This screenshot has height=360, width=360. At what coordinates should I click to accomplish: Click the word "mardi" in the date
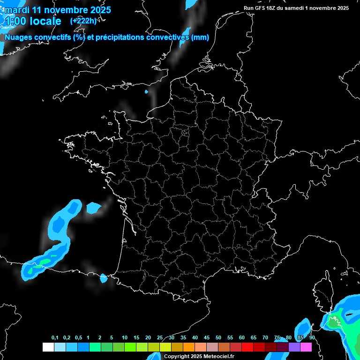pos(16,10)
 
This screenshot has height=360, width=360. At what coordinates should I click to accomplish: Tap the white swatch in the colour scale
pos(48,347)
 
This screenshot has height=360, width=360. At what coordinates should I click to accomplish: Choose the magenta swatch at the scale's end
pos(306,347)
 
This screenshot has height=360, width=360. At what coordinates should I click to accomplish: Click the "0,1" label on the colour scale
pos(54,338)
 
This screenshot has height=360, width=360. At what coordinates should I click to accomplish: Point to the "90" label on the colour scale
pos(312,338)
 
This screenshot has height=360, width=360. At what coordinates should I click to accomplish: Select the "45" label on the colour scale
pos(207,338)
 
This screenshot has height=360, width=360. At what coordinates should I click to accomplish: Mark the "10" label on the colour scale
pos(125,338)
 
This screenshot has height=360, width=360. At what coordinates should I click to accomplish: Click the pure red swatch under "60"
pos(247,347)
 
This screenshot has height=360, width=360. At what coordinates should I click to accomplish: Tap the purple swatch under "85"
pos(294,347)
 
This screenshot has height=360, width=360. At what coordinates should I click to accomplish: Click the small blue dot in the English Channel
pos(147,91)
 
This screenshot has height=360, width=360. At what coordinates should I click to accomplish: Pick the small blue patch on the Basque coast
pos(104,278)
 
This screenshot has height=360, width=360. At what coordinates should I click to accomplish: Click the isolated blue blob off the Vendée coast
pos(93,207)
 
